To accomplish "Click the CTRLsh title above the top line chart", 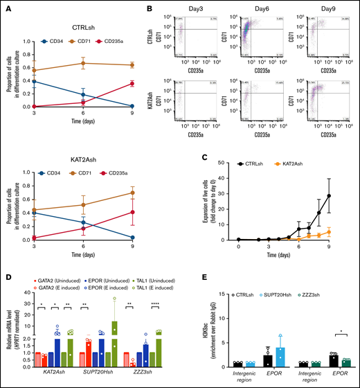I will click(93, 28).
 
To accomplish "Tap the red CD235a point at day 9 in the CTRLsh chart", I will click(152, 84).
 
